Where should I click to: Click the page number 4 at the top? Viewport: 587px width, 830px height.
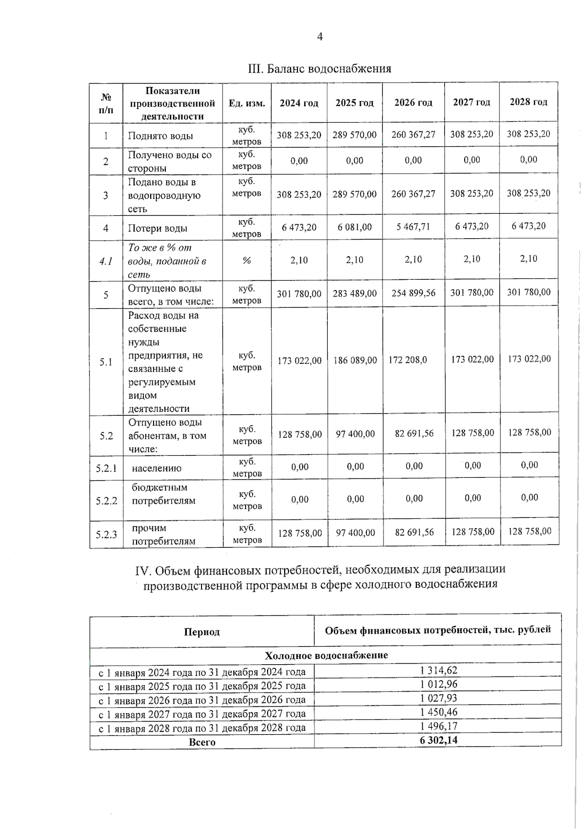(320, 37)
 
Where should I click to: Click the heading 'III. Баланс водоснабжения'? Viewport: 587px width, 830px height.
(320, 68)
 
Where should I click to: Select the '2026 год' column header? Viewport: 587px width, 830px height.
(413, 103)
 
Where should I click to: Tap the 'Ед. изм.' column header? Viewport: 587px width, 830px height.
(247, 103)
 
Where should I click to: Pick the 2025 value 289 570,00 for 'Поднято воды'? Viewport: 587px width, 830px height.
(355, 135)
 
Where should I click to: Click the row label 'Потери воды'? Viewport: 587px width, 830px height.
(158, 228)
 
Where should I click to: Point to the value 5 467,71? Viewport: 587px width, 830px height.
(413, 227)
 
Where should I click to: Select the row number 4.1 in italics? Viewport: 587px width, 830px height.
(106, 261)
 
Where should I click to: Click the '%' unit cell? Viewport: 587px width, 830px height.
(247, 261)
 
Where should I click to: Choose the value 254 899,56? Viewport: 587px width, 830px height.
(413, 293)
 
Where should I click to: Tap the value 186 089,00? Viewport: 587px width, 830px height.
(355, 360)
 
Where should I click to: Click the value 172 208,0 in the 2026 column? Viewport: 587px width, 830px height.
(407, 360)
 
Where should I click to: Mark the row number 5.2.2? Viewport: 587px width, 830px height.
(106, 501)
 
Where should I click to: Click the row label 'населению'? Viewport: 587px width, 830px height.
(157, 468)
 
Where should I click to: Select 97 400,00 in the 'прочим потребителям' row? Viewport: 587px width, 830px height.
(355, 533)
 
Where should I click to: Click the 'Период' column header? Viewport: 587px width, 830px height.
(202, 632)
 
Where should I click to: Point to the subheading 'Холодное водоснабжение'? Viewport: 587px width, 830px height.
(326, 655)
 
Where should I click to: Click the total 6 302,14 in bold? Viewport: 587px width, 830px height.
(438, 740)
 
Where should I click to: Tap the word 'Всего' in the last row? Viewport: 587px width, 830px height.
(202, 742)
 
